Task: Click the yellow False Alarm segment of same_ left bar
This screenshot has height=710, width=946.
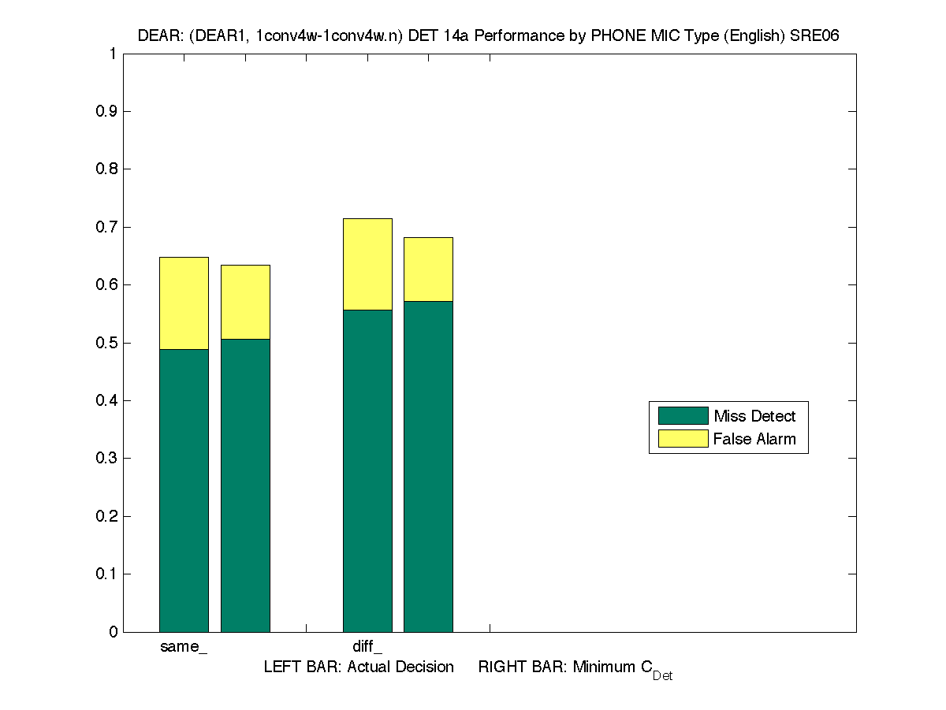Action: pyautogui.click(x=184, y=303)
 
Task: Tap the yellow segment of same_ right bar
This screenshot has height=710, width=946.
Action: pyautogui.click(x=245, y=302)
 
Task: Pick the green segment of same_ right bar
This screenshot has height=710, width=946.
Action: pyautogui.click(x=245, y=485)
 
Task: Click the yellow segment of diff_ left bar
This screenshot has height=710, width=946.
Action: pyautogui.click(x=367, y=264)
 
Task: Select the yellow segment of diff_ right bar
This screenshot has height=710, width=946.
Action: pyautogui.click(x=428, y=270)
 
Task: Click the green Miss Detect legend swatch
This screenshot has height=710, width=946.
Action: pyautogui.click(x=683, y=416)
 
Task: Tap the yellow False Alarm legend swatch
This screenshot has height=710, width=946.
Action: pyautogui.click(x=683, y=439)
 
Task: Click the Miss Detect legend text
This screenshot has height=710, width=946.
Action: pyautogui.click(x=754, y=416)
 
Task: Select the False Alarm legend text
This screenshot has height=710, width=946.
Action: pyautogui.click(x=754, y=439)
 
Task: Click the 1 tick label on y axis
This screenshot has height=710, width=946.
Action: pyautogui.click(x=114, y=54)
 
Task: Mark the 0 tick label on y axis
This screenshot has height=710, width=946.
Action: pyautogui.click(x=114, y=632)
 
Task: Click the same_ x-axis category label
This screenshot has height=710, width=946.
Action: pyautogui.click(x=184, y=648)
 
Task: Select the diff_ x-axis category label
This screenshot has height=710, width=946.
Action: pyautogui.click(x=367, y=648)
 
